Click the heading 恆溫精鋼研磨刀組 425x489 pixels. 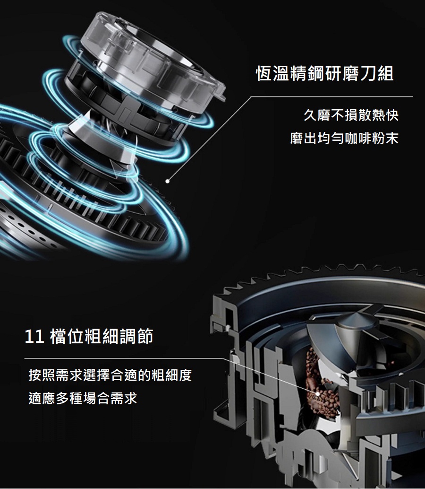point(325,74)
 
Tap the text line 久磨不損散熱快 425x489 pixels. point(351,115)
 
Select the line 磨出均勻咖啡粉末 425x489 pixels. point(344,138)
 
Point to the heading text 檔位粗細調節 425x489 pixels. point(102,337)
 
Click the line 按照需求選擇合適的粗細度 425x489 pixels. point(110,375)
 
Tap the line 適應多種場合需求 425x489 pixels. point(83,398)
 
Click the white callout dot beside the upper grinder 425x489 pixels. point(168,181)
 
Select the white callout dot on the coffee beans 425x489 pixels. point(317,394)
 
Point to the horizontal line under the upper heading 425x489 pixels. point(332,97)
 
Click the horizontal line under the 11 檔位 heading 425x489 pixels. point(124,358)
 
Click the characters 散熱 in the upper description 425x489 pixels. point(371,115)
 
